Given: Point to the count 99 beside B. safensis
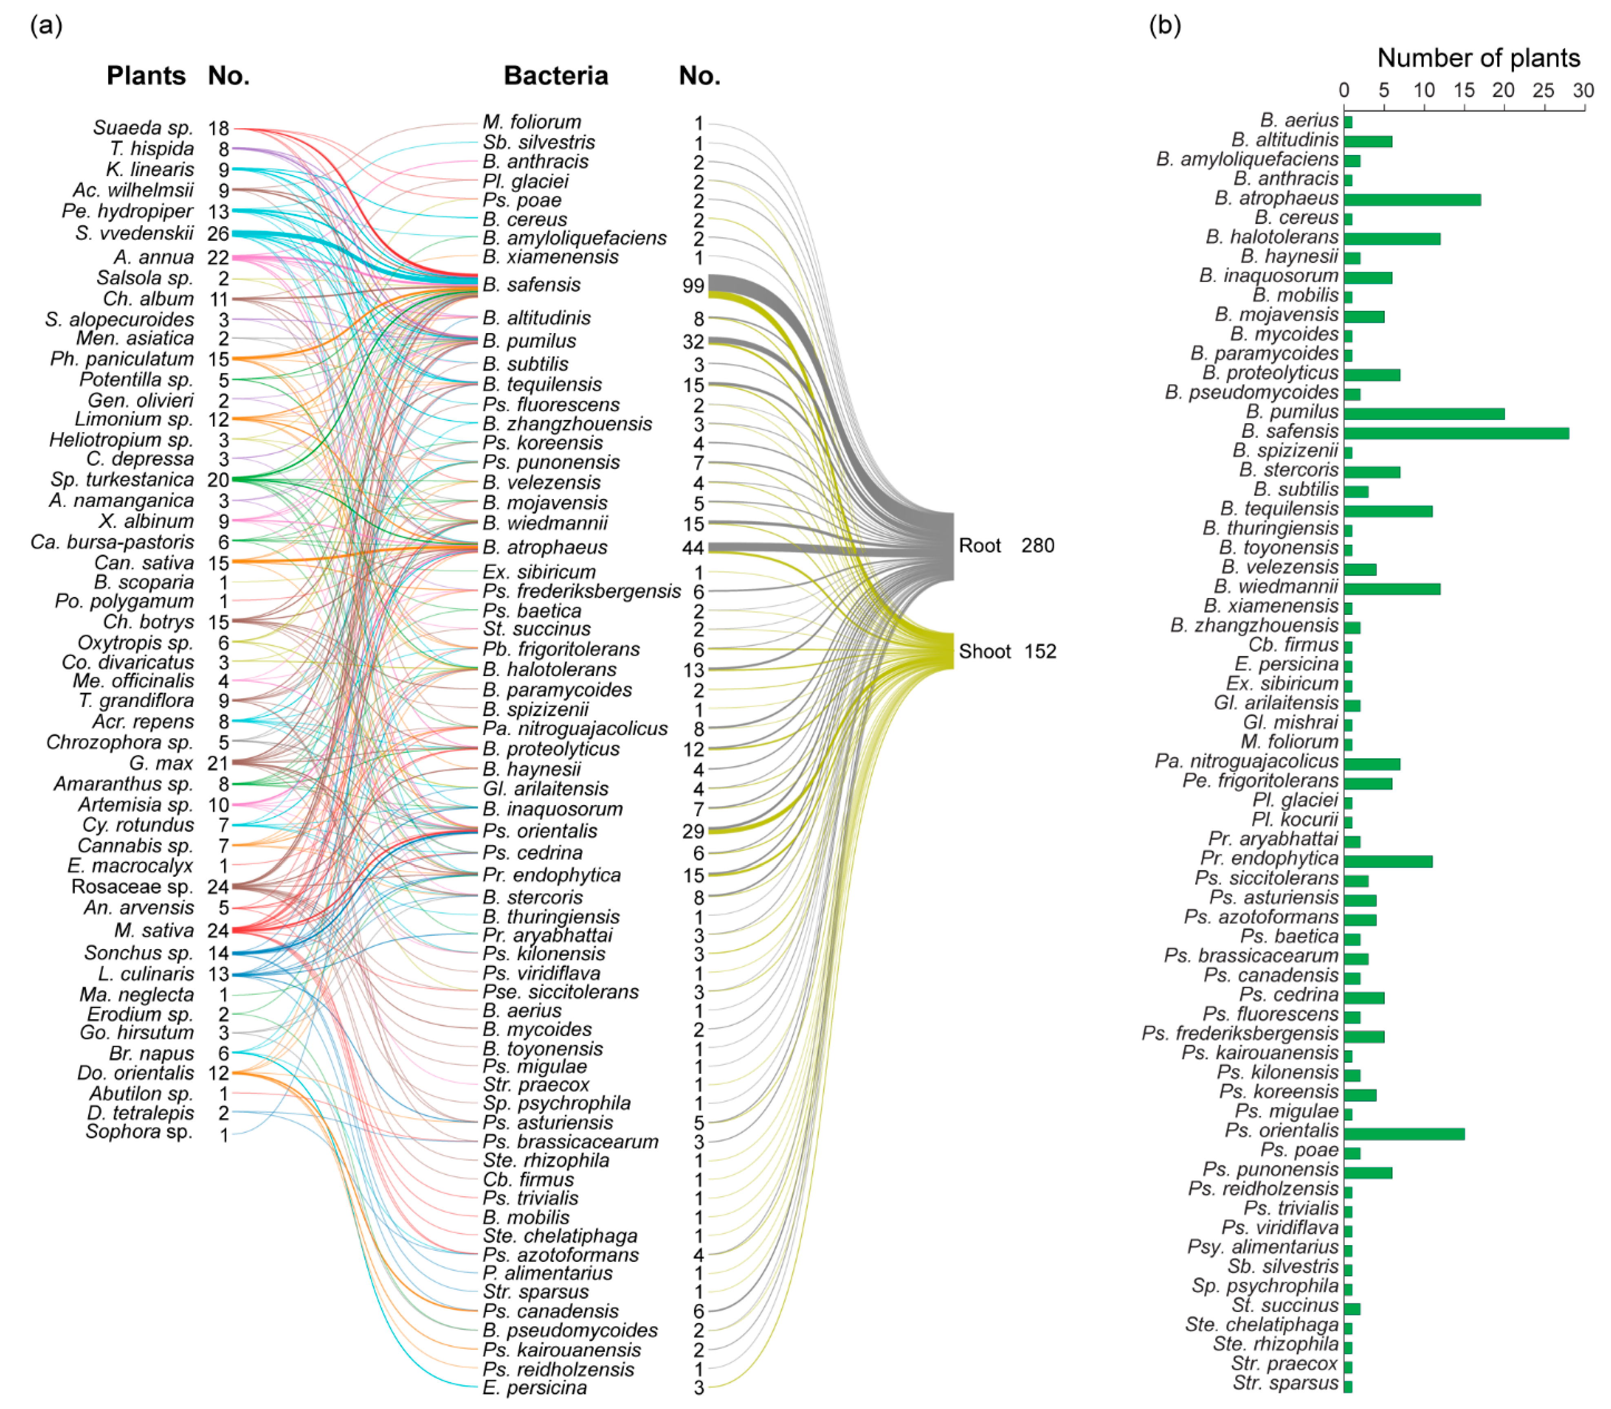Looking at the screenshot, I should (x=693, y=285).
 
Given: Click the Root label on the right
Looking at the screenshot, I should (x=979, y=545).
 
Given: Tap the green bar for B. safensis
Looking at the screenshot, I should (x=1455, y=433).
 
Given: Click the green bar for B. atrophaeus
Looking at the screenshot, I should (x=1412, y=200).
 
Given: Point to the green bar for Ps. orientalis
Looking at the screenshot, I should (x=1404, y=1134).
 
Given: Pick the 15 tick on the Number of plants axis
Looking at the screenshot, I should (x=1464, y=91).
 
